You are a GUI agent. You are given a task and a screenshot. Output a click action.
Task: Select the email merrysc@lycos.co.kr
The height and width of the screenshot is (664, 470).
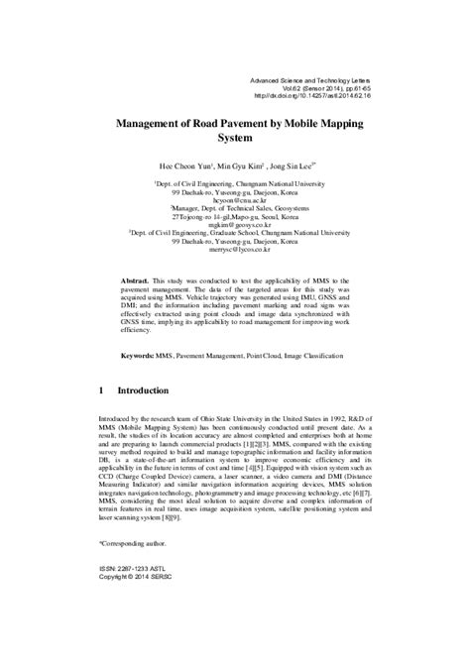pyautogui.click(x=233, y=251)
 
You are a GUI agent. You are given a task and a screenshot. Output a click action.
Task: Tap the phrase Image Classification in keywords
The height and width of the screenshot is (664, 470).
pyautogui.click(x=319, y=355)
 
